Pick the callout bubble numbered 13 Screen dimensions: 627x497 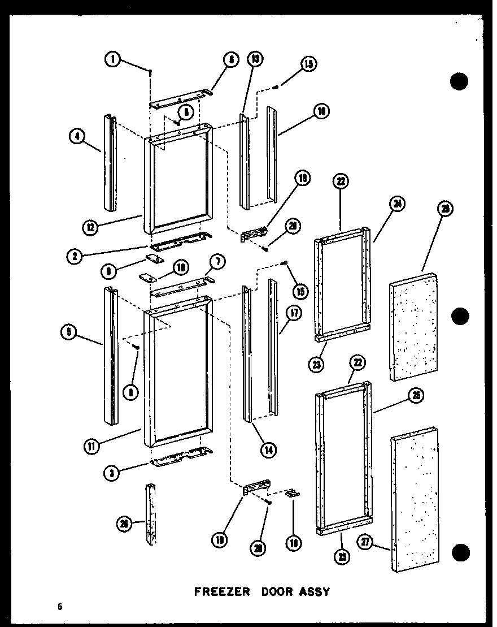[x=255, y=58]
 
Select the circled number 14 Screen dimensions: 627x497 [x=269, y=450]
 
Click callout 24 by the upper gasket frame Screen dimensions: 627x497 [x=397, y=205]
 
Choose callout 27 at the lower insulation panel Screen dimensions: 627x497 [x=366, y=543]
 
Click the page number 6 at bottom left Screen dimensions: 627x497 [x=59, y=607]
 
